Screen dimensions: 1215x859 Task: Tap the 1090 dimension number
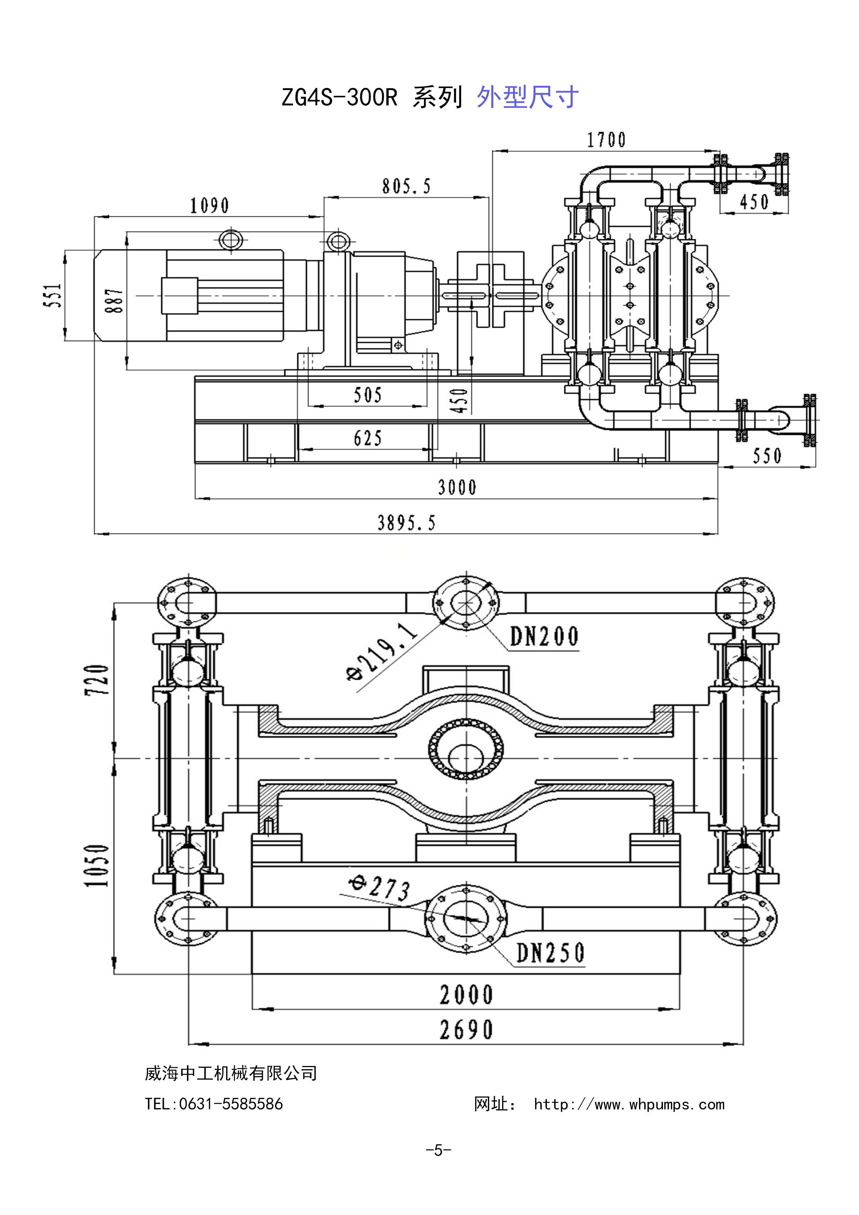tap(210, 205)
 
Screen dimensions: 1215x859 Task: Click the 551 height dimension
tap(55, 295)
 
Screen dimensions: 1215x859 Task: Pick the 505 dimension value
tap(368, 395)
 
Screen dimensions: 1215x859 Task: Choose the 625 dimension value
tap(368, 438)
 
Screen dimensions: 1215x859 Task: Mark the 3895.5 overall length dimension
tap(407, 523)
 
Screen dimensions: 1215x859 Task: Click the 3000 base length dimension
tap(457, 487)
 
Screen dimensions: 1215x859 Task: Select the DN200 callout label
tap(544, 637)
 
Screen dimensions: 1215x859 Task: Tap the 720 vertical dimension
tap(98, 680)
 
